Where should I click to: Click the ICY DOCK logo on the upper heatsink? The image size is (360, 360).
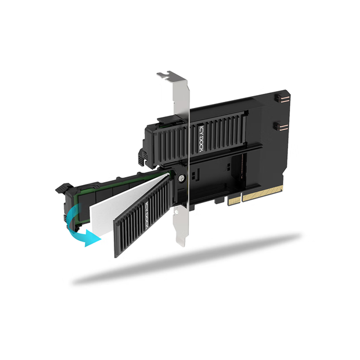(201, 139)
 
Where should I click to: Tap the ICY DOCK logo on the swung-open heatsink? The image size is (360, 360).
(146, 216)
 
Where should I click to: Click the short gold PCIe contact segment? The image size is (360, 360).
(235, 201)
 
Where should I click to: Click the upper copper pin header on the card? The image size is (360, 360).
(282, 99)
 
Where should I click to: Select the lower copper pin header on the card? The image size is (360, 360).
(281, 127)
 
